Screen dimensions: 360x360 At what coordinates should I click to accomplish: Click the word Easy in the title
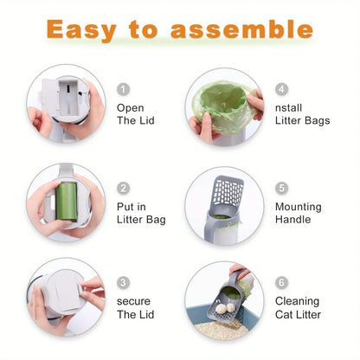82,29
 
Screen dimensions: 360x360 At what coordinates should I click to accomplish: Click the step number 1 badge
123,89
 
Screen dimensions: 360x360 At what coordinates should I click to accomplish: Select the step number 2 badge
123,189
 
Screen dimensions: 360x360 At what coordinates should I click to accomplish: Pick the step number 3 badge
123,282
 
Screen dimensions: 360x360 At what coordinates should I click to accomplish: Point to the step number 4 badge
282,89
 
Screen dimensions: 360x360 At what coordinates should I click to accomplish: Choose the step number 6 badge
282,282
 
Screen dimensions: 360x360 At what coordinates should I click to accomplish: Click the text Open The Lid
135,114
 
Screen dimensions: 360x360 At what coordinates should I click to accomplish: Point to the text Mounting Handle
299,214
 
